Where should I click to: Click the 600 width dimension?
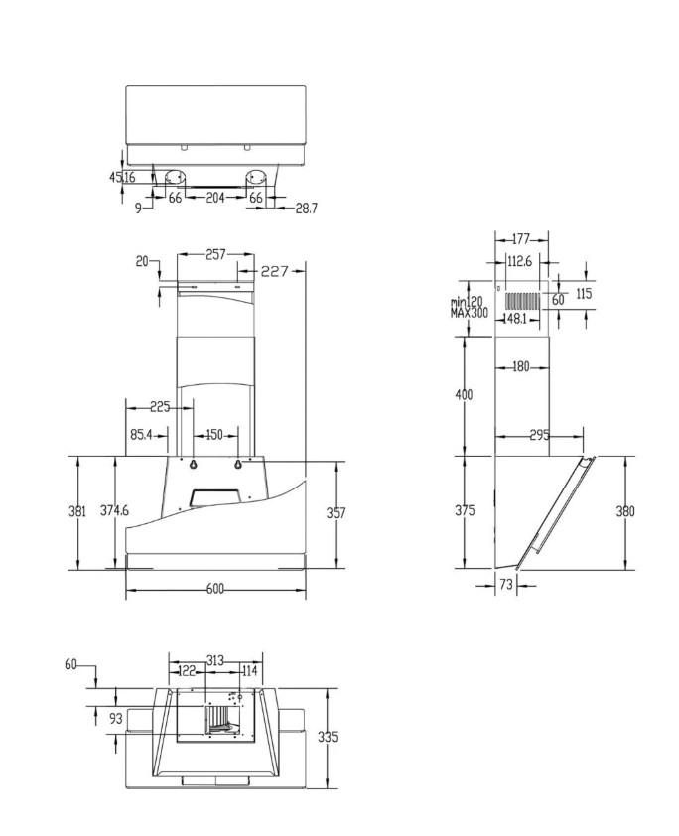214,588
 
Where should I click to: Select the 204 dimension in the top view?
215,198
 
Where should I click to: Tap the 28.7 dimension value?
307,209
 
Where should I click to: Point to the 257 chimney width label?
215,255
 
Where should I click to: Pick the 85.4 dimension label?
141,434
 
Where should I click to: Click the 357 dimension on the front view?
338,513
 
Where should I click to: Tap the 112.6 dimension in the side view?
519,262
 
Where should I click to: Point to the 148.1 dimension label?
514,320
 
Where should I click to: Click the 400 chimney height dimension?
463,394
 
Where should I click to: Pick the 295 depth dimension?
540,435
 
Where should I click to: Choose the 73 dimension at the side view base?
505,586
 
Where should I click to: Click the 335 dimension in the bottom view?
328,737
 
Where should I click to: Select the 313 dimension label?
215,660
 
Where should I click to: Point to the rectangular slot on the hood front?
215,493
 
